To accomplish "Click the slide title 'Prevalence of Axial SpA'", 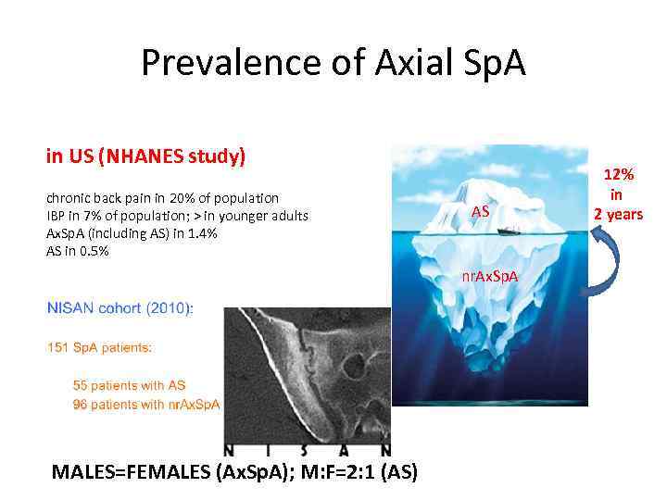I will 333,63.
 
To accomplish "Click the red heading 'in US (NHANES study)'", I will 145,156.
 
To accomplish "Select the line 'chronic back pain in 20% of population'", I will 162,198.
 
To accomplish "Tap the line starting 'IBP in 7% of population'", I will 177,216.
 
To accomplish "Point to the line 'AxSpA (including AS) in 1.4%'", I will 132,233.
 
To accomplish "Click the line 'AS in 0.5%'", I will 78,251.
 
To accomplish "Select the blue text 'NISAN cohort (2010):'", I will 120,309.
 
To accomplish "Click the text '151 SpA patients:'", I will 99,348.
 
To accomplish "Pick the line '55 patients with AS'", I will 130,385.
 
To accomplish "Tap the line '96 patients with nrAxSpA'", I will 146,404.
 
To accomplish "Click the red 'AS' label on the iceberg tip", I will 480,212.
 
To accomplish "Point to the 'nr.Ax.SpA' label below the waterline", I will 491,277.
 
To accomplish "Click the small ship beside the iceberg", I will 511,231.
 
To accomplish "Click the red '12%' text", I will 619,174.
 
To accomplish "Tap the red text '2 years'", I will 618,215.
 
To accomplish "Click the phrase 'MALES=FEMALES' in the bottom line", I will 131,471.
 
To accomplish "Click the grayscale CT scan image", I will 306,380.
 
